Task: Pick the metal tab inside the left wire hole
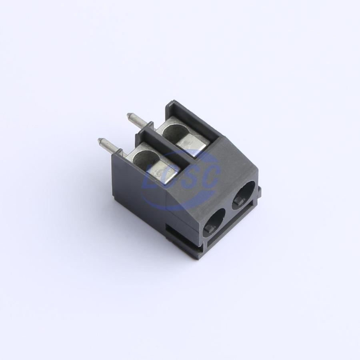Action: (210, 229)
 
